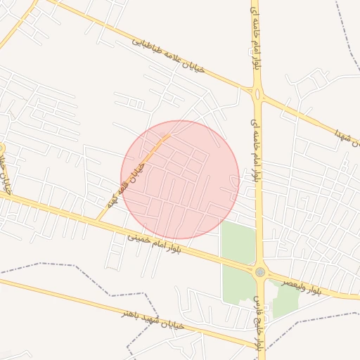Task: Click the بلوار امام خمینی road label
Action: click(x=155, y=245)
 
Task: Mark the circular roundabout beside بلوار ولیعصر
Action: click(x=260, y=272)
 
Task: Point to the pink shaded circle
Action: click(x=180, y=179)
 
